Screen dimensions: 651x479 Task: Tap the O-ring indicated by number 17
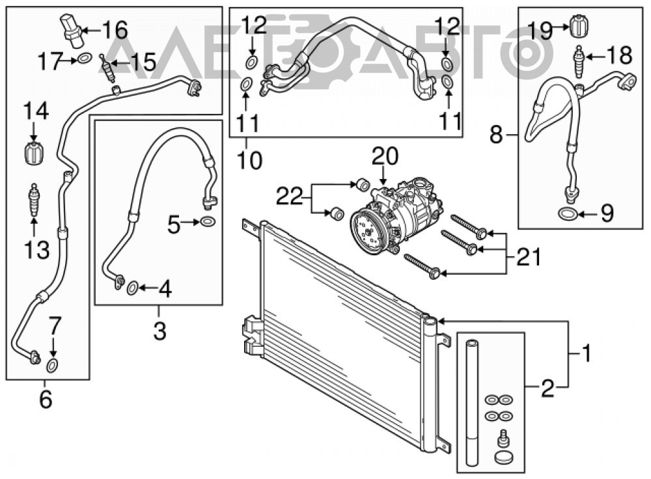(x=85, y=59)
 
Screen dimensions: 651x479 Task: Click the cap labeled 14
(x=34, y=154)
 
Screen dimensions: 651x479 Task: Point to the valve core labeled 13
(x=34, y=200)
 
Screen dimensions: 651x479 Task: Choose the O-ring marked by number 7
(x=53, y=365)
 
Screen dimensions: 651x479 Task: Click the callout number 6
(x=46, y=399)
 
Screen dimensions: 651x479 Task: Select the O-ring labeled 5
(x=208, y=222)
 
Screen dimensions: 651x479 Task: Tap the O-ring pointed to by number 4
(x=132, y=288)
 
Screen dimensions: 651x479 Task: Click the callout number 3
(x=159, y=331)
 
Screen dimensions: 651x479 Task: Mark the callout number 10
(x=250, y=160)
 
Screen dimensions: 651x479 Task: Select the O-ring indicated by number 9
(x=567, y=214)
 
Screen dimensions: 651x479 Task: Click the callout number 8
(x=496, y=135)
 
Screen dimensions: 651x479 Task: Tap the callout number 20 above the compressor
(x=385, y=156)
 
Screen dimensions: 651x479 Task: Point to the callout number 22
(x=290, y=197)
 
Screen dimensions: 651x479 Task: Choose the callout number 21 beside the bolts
(x=528, y=257)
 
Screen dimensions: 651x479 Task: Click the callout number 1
(x=586, y=353)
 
